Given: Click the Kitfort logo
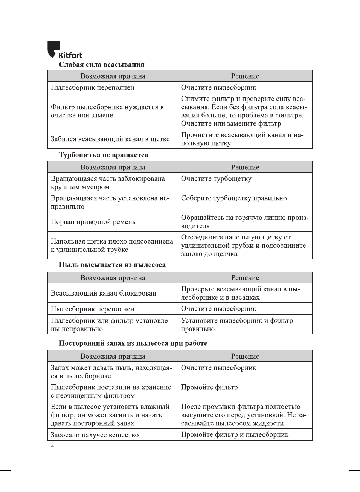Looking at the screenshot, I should (64, 50).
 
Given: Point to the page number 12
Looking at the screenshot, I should (51, 445).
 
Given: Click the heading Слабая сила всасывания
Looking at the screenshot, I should (101, 64).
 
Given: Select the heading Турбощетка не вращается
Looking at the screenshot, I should (104, 155).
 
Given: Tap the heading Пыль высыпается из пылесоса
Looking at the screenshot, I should (112, 265).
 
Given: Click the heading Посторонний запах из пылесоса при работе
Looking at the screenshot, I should (133, 343).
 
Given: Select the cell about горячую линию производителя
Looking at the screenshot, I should (244, 222).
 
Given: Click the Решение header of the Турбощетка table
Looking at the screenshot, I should (245, 167).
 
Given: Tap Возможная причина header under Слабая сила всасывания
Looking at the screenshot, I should (113, 76).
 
